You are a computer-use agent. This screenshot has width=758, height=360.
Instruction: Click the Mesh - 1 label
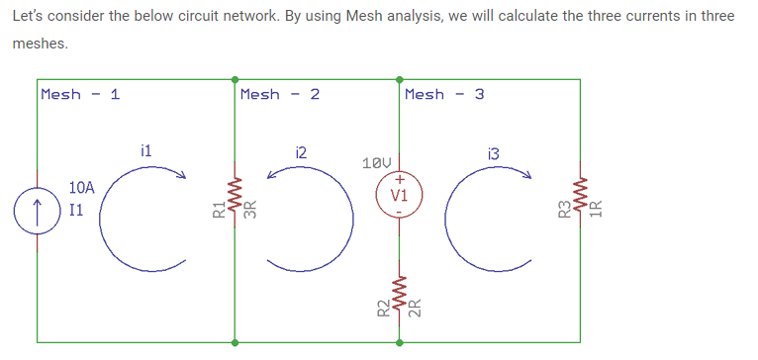[80, 94]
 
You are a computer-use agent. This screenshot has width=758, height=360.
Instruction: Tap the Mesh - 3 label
[444, 94]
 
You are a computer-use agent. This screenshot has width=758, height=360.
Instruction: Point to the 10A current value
[82, 187]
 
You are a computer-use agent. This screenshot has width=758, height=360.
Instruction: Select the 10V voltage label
[378, 161]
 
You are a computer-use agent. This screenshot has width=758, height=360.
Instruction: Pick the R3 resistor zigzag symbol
[580, 210]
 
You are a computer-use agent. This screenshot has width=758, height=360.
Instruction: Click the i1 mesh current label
[145, 151]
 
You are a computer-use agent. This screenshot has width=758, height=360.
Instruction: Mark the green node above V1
[400, 78]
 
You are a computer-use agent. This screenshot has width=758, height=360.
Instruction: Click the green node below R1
[236, 343]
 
